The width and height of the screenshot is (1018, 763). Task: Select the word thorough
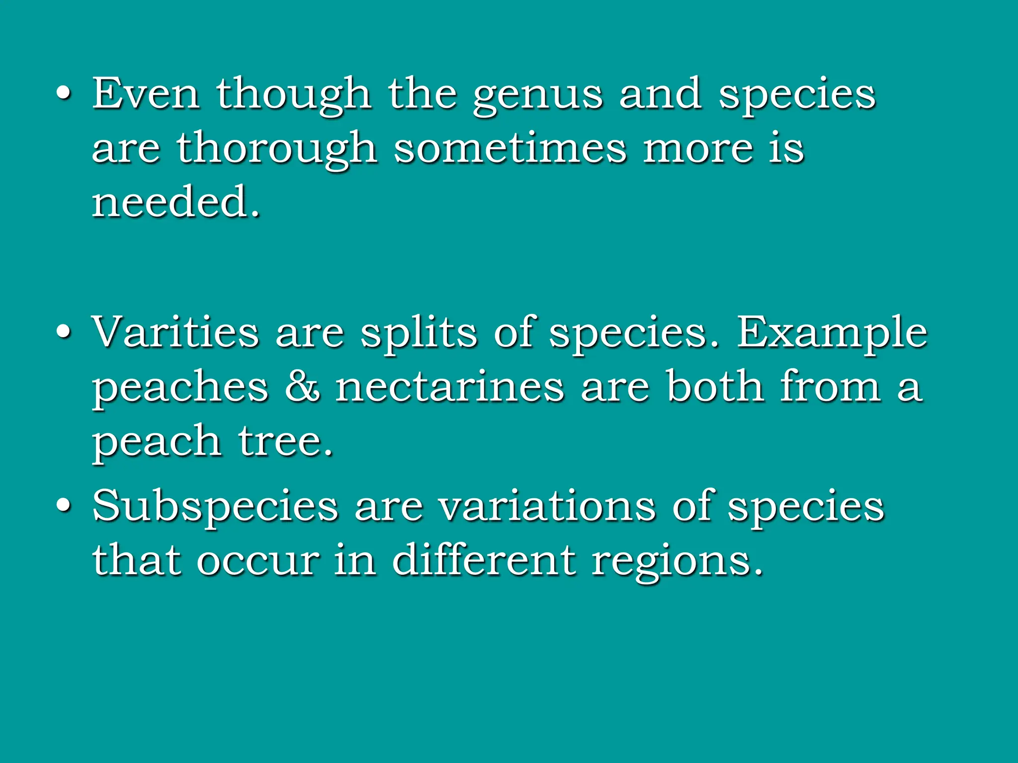(x=276, y=149)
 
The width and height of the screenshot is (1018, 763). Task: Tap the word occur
(x=257, y=560)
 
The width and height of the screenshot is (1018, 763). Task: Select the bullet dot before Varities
(x=63, y=332)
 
